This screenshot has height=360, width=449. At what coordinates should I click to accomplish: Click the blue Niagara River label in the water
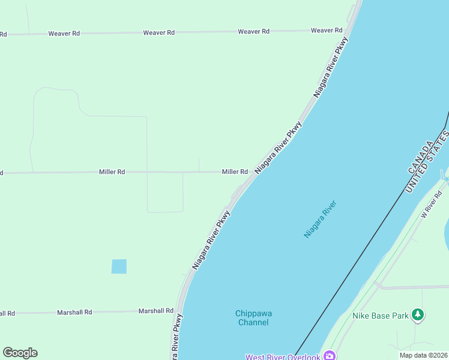tap(320, 219)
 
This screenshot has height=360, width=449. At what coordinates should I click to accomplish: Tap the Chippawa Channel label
tap(252, 318)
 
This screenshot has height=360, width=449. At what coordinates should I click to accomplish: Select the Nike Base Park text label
tap(381, 316)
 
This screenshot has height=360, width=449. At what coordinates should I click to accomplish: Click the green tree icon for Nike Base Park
tap(418, 314)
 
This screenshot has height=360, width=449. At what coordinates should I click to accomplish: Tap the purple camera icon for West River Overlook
tap(329, 356)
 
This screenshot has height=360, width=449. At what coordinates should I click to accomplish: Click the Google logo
tap(20, 353)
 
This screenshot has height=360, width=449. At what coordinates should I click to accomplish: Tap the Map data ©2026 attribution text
tap(423, 355)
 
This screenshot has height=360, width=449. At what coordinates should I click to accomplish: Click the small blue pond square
tap(119, 266)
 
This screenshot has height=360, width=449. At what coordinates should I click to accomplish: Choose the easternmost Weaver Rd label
tap(327, 30)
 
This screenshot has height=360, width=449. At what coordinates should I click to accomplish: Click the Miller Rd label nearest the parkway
tap(235, 172)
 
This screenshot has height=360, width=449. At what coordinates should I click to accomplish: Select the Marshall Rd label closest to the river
tap(156, 311)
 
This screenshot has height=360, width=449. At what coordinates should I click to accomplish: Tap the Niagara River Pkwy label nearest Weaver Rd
tap(331, 67)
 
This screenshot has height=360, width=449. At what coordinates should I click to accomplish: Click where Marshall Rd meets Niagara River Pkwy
tap(179, 311)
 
